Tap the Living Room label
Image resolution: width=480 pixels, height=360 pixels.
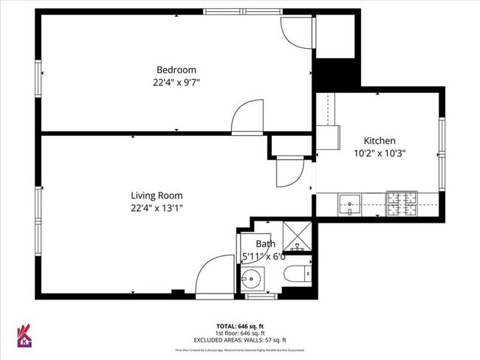[x=157, y=195]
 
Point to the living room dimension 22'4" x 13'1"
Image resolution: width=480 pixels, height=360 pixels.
[x=157, y=208]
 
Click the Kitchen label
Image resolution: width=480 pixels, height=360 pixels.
[x=380, y=141]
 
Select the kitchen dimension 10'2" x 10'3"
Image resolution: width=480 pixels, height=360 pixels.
[x=380, y=153]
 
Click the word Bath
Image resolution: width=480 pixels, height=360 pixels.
[x=265, y=244]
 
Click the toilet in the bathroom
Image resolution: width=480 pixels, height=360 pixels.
[x=297, y=273]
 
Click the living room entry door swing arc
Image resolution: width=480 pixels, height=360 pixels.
[x=214, y=274]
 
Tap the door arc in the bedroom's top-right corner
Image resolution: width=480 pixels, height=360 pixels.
[x=296, y=30]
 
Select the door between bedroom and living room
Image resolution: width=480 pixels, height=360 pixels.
[x=248, y=117]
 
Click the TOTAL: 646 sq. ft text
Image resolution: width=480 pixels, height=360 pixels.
[x=239, y=325]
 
